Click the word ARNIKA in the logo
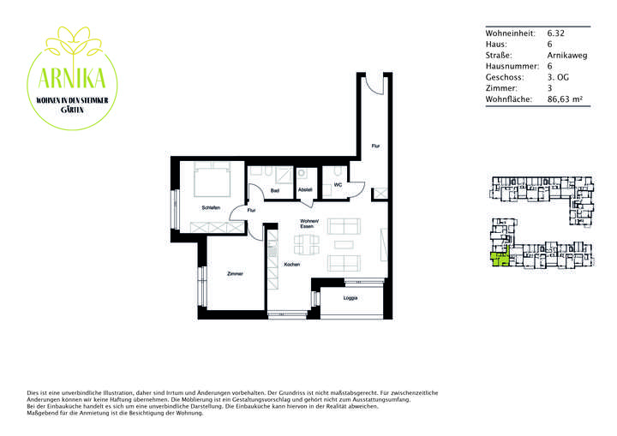point(73,79)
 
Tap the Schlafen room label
point(211,207)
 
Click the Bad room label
point(275,190)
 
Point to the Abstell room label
point(305,190)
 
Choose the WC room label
point(338,184)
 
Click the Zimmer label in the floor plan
point(234,273)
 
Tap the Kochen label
point(291,265)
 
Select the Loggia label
point(350,299)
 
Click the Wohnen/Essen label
point(309,225)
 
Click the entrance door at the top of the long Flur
point(374,82)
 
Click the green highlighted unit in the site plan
point(498,259)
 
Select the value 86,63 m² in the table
point(565,99)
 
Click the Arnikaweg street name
point(566,55)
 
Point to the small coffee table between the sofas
point(343,243)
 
